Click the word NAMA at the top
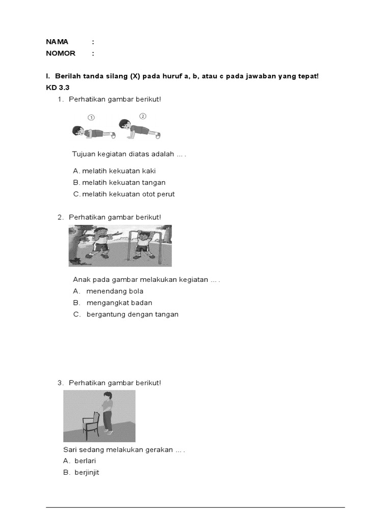[57, 42]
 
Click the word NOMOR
[61, 53]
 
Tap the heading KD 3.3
[57, 88]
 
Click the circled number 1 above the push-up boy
[91, 117]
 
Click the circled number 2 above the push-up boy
[143, 116]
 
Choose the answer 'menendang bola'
[115, 291]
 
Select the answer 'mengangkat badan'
[119, 303]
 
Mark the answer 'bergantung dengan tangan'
[132, 314]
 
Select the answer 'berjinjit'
[87, 473]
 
